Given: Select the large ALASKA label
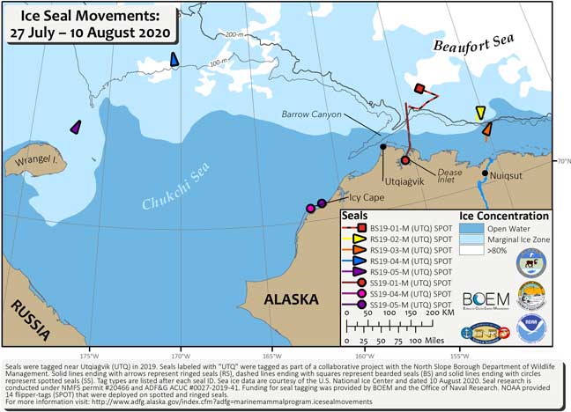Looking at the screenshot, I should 288,299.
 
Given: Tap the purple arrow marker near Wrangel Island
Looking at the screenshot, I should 76,128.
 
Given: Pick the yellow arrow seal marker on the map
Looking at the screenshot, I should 479,113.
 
